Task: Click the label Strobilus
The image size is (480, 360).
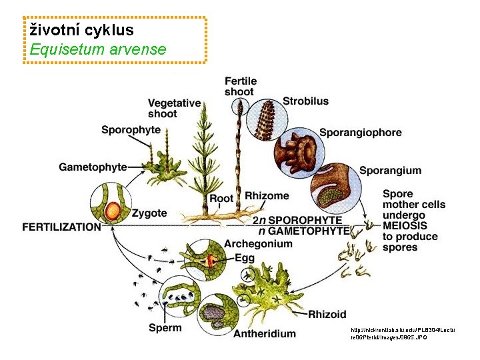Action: coord(305,101)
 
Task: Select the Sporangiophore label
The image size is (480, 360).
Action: coord(360,132)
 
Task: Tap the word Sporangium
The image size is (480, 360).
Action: coord(390,171)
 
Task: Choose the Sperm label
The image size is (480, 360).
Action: coord(164,327)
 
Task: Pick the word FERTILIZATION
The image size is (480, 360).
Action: coord(61,227)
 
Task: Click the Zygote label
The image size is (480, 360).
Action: coord(149,213)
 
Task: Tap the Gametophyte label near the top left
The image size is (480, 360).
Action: coord(93,167)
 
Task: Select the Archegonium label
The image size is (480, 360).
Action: coord(258,243)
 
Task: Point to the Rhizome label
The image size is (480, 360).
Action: coord(267,196)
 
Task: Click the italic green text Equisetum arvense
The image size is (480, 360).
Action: coord(97,49)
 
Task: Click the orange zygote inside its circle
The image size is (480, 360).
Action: coord(113,211)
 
